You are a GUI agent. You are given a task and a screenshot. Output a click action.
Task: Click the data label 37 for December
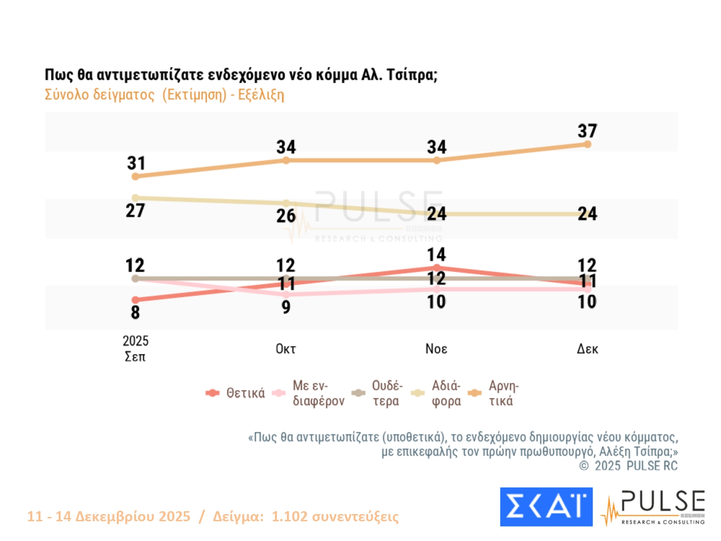[x=587, y=131]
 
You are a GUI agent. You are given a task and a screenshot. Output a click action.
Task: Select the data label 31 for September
[x=136, y=163]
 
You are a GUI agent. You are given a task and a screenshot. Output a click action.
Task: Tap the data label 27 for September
[x=135, y=211]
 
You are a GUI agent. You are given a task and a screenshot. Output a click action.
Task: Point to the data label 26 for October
[x=286, y=216]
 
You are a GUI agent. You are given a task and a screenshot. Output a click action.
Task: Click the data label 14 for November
[x=436, y=254]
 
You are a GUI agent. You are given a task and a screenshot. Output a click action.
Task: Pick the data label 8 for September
[x=135, y=313]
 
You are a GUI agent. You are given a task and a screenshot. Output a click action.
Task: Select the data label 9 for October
[x=286, y=307]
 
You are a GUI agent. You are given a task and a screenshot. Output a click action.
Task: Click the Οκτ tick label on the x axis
[x=286, y=349]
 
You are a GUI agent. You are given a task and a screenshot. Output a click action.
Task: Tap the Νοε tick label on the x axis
[x=436, y=349]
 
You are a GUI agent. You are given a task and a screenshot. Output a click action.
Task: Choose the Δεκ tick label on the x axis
[x=587, y=349]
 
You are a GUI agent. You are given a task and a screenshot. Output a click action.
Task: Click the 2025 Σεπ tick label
[x=135, y=349]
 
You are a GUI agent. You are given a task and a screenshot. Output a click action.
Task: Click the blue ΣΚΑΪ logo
[x=546, y=507]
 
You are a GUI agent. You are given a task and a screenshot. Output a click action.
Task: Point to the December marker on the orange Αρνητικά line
[x=587, y=144]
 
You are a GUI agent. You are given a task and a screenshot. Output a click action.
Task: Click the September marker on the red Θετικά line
[x=136, y=300]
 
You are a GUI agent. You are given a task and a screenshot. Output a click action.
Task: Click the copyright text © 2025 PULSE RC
[x=628, y=466]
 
